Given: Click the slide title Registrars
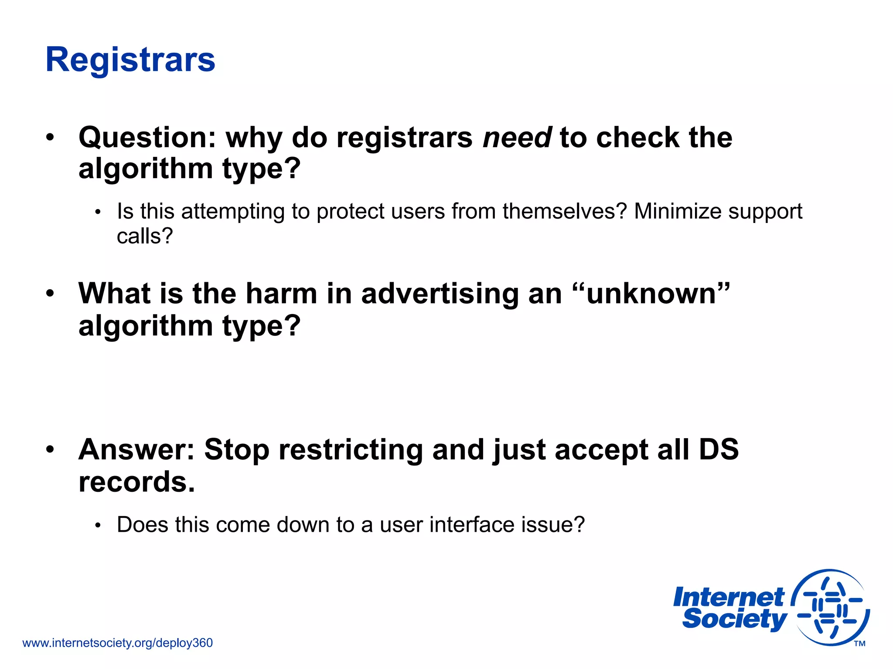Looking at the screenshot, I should pyautogui.click(x=130, y=60).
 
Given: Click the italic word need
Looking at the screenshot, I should pyautogui.click(x=517, y=138).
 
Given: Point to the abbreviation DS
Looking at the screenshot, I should pyautogui.click(x=719, y=449).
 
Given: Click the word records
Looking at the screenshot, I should pyautogui.click(x=136, y=482).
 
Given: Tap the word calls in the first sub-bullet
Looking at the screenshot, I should pyautogui.click(x=144, y=237).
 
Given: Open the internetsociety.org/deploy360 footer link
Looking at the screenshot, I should pyautogui.click(x=117, y=643).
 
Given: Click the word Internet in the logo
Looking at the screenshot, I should pyautogui.click(x=729, y=597).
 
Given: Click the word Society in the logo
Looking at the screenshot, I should pyautogui.click(x=735, y=619).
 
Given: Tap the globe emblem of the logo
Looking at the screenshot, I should pyautogui.click(x=831, y=608).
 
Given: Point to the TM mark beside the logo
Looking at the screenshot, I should pyautogui.click(x=859, y=644).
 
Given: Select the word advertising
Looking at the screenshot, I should pyautogui.click(x=440, y=294).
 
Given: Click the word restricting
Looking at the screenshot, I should pyautogui.click(x=351, y=449).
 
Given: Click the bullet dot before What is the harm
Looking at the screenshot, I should pyautogui.click(x=51, y=294).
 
